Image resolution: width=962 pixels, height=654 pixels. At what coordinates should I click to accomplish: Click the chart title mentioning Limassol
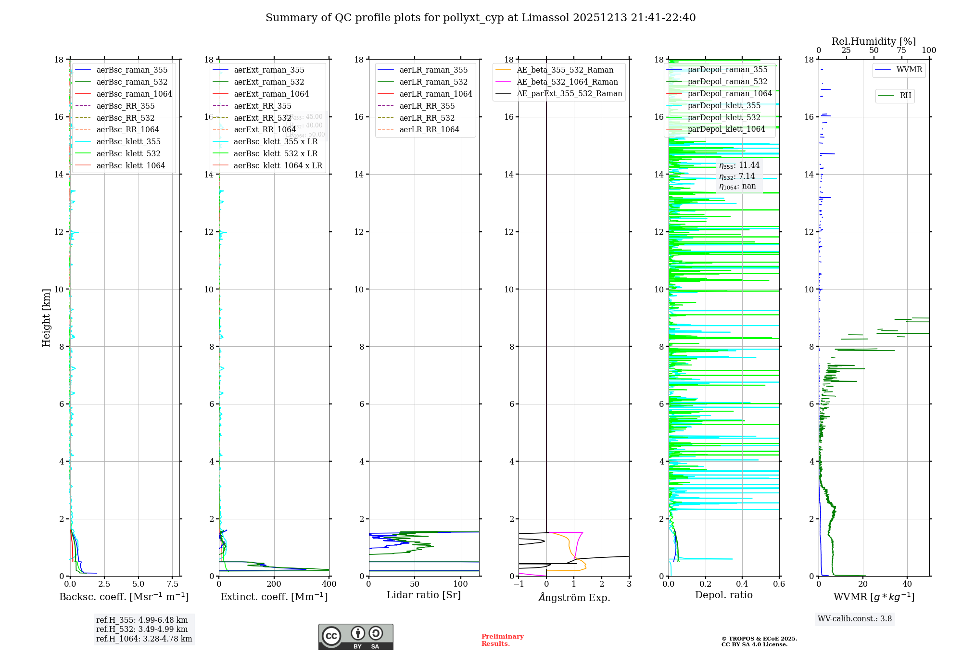coord(481,18)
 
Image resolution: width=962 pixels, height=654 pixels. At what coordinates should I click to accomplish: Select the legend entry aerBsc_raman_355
coord(132,70)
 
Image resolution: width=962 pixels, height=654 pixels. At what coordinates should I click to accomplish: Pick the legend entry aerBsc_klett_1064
coord(130,165)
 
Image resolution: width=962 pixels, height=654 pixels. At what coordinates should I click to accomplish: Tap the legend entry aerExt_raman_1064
coord(271,94)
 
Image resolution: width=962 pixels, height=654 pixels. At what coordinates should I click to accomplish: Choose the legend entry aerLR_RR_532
coord(427,118)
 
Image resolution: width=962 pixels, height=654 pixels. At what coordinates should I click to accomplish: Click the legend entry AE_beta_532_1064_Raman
coord(567,82)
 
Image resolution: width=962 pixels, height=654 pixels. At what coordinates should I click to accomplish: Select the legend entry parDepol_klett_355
coord(724,106)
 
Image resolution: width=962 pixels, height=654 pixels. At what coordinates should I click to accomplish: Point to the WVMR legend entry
coord(909,70)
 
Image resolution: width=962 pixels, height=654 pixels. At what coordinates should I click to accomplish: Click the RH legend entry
coord(905,96)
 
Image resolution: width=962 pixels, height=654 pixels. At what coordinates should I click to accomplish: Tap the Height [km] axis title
coord(46,318)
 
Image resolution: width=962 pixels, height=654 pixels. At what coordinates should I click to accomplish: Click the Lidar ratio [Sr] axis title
coord(424,595)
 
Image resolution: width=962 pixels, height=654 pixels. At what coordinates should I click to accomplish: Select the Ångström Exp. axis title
coord(574,597)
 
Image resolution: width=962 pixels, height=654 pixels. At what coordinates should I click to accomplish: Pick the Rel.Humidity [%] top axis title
coord(873,41)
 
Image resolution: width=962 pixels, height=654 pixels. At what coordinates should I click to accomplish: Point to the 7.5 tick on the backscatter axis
coord(172,584)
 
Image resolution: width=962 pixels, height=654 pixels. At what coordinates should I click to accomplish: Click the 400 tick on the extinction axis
coord(329,584)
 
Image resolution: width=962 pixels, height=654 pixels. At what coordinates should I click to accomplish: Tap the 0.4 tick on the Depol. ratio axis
coord(742,584)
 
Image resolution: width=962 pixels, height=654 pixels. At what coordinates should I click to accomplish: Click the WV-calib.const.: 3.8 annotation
coord(855,619)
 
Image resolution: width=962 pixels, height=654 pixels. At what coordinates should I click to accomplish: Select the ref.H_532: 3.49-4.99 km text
coord(142,629)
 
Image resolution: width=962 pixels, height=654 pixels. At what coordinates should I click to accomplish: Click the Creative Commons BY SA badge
coord(355,637)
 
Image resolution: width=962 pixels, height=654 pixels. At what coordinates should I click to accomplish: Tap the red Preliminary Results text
coord(502,640)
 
